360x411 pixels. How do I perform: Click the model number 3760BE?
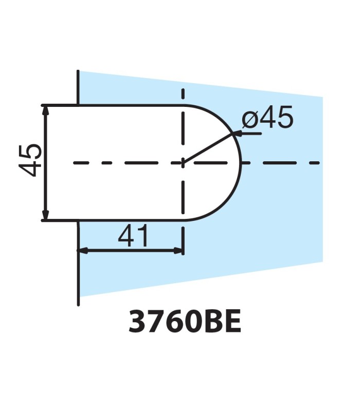[x=185, y=322]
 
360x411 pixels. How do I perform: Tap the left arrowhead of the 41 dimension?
[x=82, y=251]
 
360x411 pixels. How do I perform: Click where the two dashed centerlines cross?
[x=183, y=163]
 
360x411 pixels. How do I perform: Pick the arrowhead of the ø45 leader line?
[x=238, y=133]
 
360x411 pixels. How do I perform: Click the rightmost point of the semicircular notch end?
[x=241, y=163]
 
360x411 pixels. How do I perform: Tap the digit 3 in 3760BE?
[x=137, y=322]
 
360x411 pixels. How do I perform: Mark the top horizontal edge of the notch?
[x=129, y=105]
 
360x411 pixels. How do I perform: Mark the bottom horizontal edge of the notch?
[x=129, y=220]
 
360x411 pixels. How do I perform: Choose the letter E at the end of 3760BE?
[x=231, y=322]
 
